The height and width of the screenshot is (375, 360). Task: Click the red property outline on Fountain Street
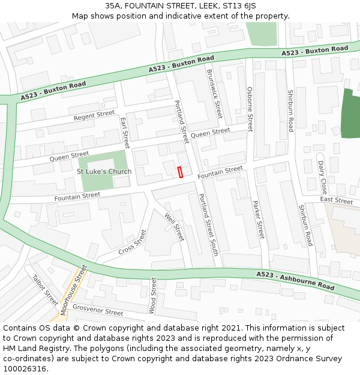point(180,172)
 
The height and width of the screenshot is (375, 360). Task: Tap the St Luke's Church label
point(104,172)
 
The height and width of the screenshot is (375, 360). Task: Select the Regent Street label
point(94,115)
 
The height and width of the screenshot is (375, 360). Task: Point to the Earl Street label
point(125,133)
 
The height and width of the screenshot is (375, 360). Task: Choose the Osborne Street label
point(250,109)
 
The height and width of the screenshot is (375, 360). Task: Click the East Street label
point(336,200)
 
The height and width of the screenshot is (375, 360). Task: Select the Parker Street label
point(258,220)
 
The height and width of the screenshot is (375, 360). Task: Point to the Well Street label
point(175,226)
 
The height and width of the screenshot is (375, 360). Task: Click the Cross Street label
point(132,242)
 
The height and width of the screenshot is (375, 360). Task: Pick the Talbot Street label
point(45,290)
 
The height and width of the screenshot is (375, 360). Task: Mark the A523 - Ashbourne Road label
point(295,280)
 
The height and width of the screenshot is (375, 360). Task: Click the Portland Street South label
point(208,225)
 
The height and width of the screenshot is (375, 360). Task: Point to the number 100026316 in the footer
point(24,368)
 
